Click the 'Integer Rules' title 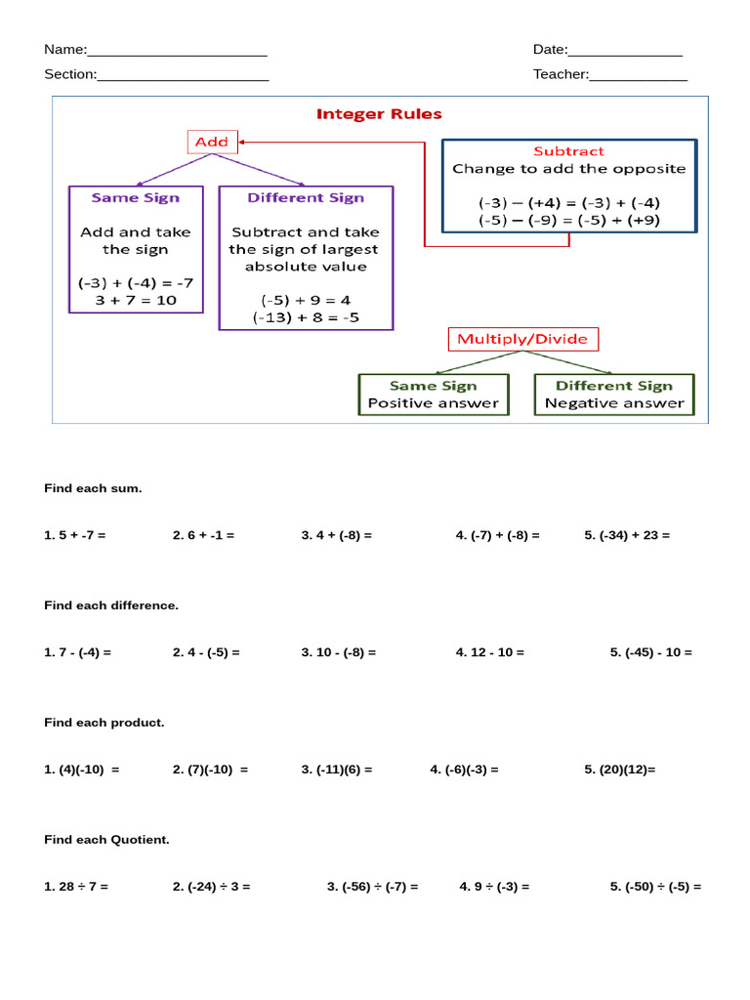point(379,114)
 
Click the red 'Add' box point(212,143)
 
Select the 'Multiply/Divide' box point(522,339)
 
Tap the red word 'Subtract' point(568,151)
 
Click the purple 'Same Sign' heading point(136,197)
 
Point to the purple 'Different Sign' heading point(306,197)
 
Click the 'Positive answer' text point(433,403)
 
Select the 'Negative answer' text point(614,403)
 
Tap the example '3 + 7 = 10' point(136,300)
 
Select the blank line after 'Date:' point(625,51)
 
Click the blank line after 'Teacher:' point(639,75)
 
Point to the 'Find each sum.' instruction point(93,488)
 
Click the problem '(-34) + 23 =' point(633,535)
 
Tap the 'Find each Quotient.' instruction point(106,840)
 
